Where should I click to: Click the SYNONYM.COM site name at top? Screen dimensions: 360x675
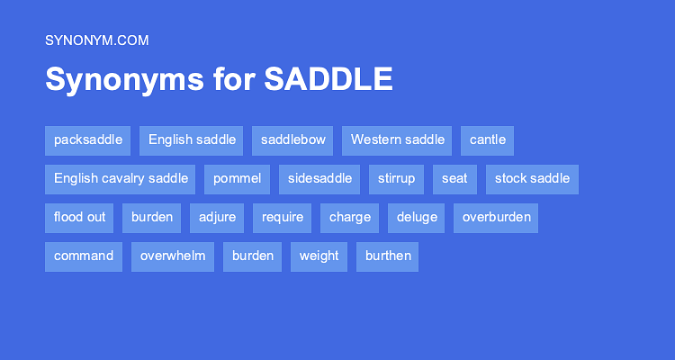click(x=96, y=40)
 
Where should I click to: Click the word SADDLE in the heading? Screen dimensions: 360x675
click(x=328, y=79)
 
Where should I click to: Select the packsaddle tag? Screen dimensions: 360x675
click(x=88, y=139)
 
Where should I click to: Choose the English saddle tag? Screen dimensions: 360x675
click(x=192, y=139)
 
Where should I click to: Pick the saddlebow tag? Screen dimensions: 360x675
click(x=293, y=139)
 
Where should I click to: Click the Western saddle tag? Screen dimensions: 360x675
click(x=398, y=139)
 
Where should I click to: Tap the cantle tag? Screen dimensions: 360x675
click(x=488, y=139)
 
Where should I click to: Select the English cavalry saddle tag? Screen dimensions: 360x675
click(x=121, y=178)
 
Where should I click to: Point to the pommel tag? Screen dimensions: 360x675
click(x=238, y=178)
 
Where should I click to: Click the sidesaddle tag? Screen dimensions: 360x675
click(x=319, y=178)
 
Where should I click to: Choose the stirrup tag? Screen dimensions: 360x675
click(x=397, y=178)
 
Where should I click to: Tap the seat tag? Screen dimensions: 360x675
click(x=454, y=178)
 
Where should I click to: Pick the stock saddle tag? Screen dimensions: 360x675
click(x=532, y=178)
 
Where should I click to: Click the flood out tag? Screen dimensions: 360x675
click(x=79, y=217)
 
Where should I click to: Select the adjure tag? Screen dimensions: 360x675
click(x=217, y=217)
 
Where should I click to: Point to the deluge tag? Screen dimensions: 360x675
click(x=417, y=217)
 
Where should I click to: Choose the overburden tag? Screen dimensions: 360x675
click(x=496, y=217)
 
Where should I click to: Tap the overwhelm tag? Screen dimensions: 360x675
click(x=173, y=256)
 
